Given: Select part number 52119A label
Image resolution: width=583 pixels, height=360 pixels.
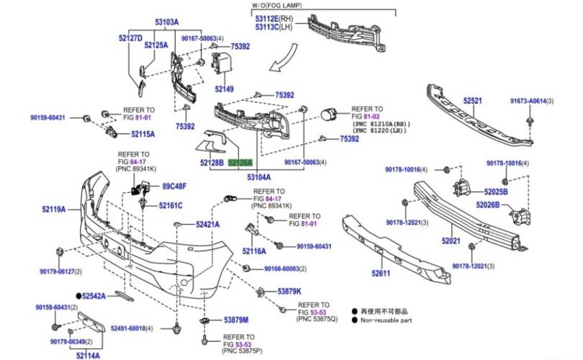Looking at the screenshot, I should tap(53, 210).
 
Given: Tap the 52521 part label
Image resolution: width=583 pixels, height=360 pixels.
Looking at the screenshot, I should tap(472, 102).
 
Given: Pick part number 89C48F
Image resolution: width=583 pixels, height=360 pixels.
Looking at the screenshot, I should tap(173, 186).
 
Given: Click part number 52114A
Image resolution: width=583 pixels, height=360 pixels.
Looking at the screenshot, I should tap(88, 355).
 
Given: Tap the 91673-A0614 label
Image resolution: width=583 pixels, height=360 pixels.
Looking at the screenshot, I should tap(528, 102).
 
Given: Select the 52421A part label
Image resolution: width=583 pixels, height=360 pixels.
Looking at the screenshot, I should tap(207, 225).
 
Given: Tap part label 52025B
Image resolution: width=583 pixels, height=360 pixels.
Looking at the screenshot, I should tap(495, 192).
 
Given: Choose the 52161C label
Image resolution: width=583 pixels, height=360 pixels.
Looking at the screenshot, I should tap(171, 205).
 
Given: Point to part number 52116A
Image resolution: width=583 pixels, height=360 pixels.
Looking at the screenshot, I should tap(253, 251).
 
